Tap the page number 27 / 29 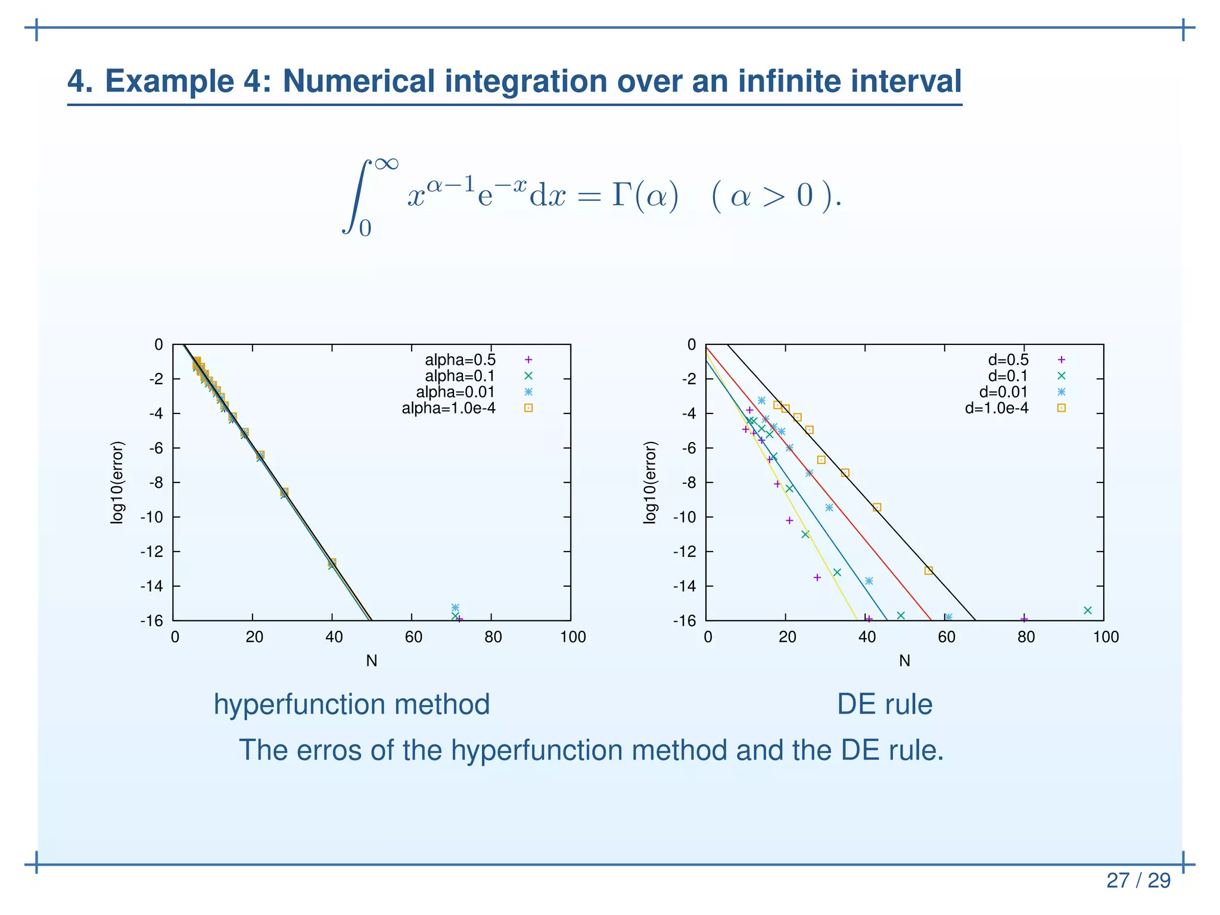(1138, 880)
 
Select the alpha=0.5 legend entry (460, 360)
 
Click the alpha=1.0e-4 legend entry (449, 408)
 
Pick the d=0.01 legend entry (1004, 392)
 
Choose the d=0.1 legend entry (1008, 376)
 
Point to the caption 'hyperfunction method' (351, 704)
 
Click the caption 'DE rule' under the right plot (884, 704)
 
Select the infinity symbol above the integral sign (387, 162)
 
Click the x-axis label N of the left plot (372, 661)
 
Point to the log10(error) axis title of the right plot (650, 483)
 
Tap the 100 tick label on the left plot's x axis (572, 637)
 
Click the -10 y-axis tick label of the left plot (151, 517)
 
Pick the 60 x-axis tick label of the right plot (946, 637)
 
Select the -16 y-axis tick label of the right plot (684, 621)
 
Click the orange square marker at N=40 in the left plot (332, 562)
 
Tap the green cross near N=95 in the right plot (1087, 610)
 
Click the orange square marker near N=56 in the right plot (929, 571)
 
